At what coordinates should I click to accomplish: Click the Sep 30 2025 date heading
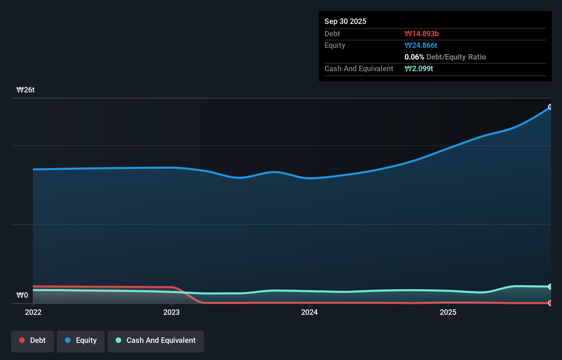pos(345,21)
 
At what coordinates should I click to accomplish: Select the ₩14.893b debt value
pos(421,34)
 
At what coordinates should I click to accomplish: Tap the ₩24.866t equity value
pos(421,45)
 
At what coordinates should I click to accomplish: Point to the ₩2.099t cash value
pos(419,68)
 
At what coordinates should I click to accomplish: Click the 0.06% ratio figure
pos(414,57)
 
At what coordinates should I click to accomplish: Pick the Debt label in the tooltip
pos(332,34)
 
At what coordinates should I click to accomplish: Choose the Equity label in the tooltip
pos(334,45)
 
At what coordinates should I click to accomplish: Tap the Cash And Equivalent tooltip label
pos(359,68)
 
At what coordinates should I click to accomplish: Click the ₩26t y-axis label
pos(26,90)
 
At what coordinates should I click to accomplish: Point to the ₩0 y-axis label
pos(22,295)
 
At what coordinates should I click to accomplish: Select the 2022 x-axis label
pos(33,312)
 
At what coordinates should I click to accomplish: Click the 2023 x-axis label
pos(171,312)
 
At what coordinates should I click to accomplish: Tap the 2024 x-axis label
pos(309,312)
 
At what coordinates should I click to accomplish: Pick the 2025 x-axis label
pos(448,312)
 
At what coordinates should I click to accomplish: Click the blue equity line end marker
pos(550,107)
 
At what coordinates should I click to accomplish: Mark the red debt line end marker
pos(550,303)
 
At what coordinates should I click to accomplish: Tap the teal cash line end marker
pos(550,286)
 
